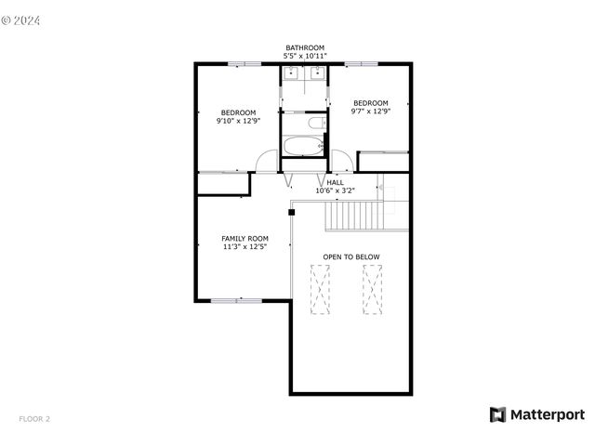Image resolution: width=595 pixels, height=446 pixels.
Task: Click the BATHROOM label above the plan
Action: [x=305, y=47]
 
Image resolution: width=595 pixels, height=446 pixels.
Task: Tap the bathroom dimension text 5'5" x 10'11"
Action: [x=305, y=56]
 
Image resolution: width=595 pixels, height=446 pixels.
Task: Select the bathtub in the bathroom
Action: [x=303, y=146]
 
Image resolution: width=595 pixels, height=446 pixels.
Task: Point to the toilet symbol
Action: [x=317, y=123]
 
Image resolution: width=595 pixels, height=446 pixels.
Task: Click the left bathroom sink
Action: [x=291, y=72]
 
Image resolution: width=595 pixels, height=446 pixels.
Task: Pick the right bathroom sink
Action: [x=317, y=72]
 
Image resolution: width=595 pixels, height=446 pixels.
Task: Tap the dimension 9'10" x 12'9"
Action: [x=238, y=121]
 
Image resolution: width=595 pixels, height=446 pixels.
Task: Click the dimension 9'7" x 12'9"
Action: [x=370, y=111]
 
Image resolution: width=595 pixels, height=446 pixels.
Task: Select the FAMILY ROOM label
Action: [x=245, y=239]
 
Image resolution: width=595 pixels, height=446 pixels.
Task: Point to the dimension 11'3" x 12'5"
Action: [x=245, y=247]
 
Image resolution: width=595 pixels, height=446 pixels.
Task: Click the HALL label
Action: [x=335, y=182]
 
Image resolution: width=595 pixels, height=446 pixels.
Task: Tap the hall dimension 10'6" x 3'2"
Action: [x=335, y=190]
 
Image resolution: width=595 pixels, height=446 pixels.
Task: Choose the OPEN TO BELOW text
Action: [x=351, y=256]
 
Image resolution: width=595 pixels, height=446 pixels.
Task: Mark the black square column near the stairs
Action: [x=291, y=213]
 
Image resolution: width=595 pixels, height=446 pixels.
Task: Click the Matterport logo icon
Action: [x=497, y=415]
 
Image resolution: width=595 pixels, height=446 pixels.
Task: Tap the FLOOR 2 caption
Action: [x=34, y=419]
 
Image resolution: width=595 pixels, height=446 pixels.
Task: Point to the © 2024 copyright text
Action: [x=20, y=20]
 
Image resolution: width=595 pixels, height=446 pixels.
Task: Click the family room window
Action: [x=236, y=301]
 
